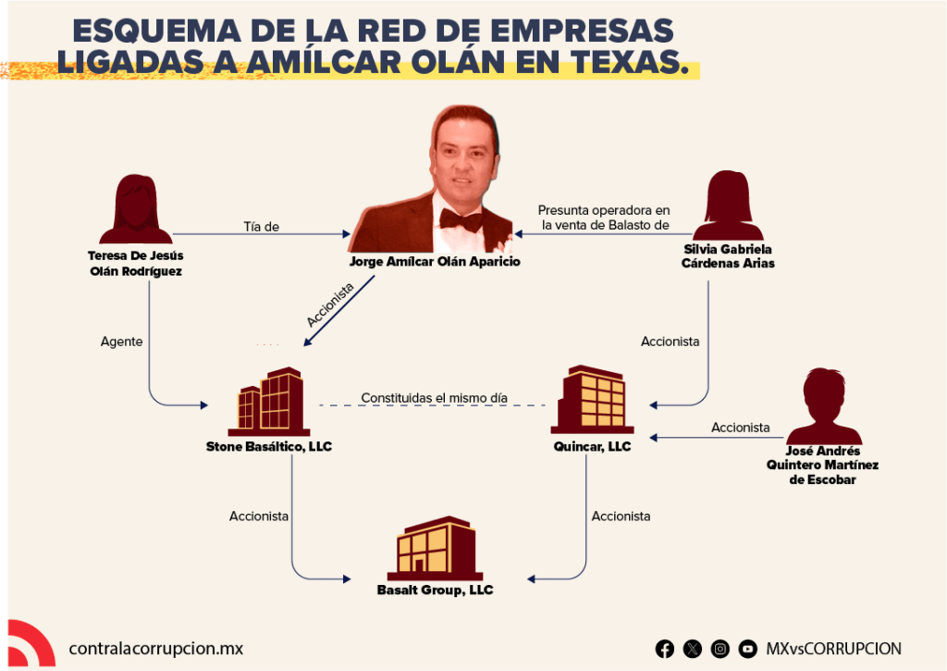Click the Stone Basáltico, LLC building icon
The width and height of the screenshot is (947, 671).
pos(269,402)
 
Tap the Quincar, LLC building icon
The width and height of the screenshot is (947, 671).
pos(592,399)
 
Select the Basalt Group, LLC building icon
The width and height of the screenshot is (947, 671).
pos(435,548)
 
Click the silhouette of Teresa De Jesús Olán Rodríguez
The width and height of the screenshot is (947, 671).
pos(136,209)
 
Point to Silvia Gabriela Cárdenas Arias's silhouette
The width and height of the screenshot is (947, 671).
pos(728,205)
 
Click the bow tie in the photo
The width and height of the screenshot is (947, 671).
pos(461,219)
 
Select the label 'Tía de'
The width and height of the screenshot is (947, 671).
pos(261,227)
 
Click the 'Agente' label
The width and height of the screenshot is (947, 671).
pos(121,342)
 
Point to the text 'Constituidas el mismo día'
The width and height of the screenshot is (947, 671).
pos(435,398)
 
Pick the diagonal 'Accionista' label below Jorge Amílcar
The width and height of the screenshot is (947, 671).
pos(330,304)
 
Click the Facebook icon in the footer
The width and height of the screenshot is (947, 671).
pos(664,649)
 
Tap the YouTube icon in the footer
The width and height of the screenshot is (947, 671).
pos(747,649)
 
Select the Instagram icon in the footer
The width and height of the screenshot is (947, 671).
pos(719,649)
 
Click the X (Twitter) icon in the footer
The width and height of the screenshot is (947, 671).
pos(692,649)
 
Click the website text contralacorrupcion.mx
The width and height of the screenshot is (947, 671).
pos(155,649)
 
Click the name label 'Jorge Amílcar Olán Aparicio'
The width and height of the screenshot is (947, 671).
pos(435,262)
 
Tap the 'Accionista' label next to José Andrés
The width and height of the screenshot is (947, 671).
pos(741,428)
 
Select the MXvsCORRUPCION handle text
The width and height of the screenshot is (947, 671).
pos(833,649)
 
